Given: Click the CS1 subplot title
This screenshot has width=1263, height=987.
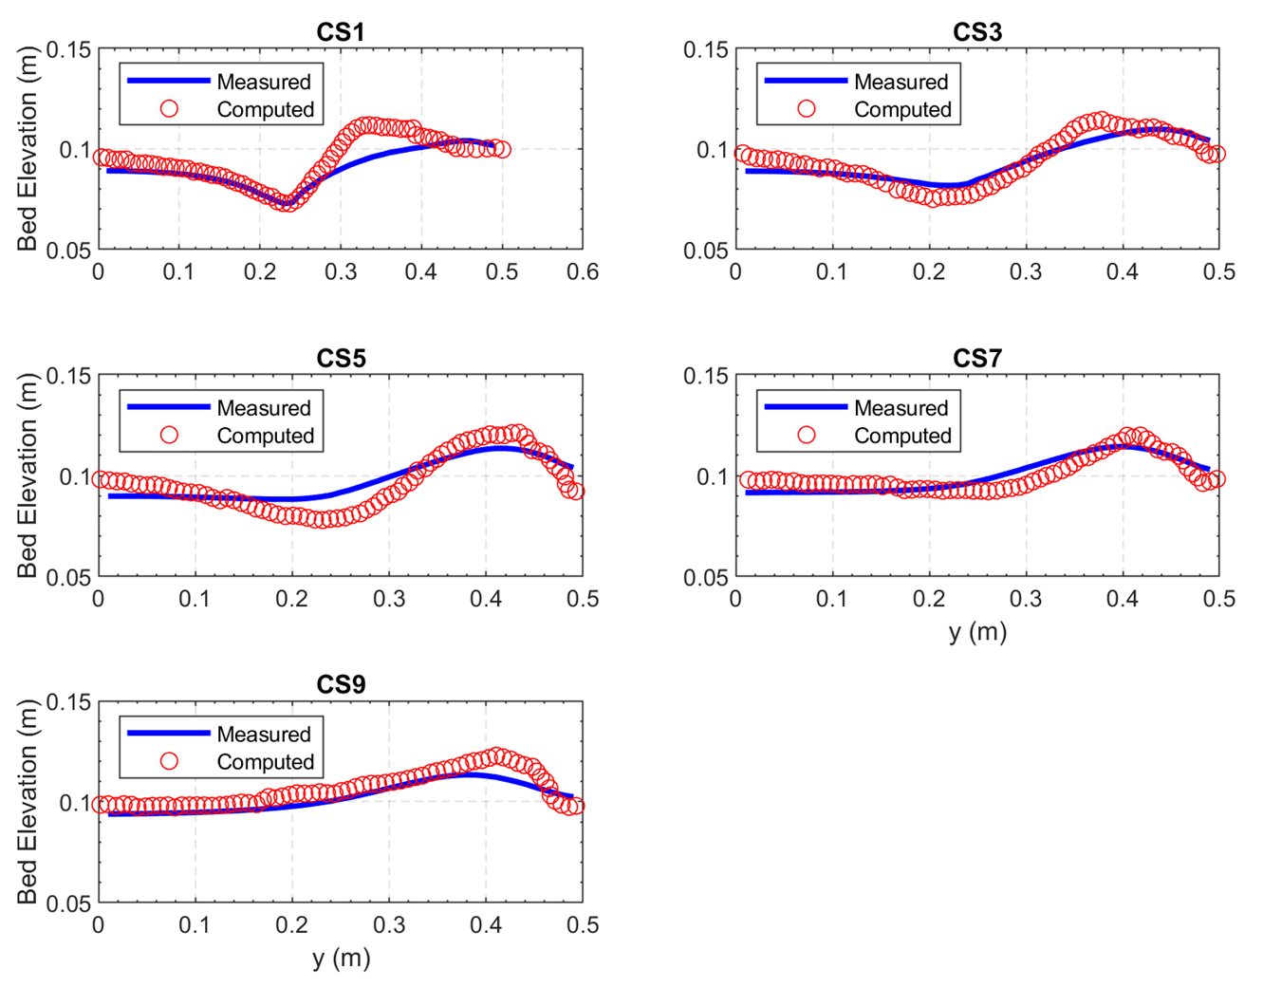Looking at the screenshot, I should (340, 32).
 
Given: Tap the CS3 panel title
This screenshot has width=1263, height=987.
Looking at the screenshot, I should (977, 32).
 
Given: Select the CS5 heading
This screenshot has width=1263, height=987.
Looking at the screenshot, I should (340, 359).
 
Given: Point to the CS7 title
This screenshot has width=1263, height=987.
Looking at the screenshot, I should (977, 359).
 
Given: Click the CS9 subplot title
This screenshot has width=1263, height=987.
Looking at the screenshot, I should (340, 685).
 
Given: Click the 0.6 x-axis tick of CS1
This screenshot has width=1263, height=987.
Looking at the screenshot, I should (582, 272).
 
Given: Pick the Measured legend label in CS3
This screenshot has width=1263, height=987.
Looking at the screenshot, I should (901, 82).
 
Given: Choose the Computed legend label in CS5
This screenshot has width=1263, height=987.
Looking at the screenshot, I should (265, 436).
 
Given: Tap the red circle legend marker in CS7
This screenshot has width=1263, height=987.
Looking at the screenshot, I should (807, 435).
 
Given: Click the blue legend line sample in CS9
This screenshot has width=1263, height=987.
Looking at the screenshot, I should (168, 733).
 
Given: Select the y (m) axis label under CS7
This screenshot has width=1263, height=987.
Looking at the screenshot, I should (977, 631).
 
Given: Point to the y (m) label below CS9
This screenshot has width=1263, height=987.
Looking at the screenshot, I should (341, 958).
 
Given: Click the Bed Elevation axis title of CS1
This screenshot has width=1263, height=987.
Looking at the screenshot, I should (28, 149).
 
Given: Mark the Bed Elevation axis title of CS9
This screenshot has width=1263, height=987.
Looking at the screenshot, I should (28, 802).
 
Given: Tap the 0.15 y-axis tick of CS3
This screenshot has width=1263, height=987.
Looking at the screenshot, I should (706, 49).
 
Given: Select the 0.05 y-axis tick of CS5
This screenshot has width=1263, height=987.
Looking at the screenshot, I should (69, 577).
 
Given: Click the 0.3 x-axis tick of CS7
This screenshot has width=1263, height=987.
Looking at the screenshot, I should (1026, 599).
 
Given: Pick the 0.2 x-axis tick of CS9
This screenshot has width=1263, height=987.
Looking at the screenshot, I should (292, 925).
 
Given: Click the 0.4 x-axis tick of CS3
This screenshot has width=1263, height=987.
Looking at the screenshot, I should (1123, 272).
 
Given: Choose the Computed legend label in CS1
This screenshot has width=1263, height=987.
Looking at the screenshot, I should (265, 109).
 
